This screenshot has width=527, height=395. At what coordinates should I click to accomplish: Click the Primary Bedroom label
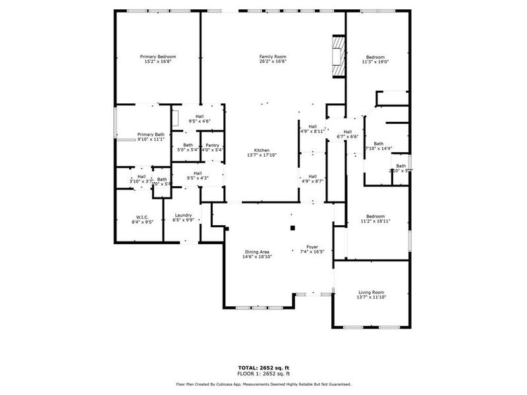157,57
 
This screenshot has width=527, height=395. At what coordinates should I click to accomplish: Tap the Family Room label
272,57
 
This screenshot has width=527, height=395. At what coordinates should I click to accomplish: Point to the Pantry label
212,145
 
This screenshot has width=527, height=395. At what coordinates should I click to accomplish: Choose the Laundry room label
182,215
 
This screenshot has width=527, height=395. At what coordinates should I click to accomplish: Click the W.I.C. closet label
142,217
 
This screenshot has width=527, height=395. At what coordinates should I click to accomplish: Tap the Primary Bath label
151,134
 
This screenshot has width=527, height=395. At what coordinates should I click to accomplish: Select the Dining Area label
257,251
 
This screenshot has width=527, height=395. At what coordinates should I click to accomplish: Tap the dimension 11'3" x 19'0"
375,63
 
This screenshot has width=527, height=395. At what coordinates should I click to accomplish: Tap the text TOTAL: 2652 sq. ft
263,367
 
